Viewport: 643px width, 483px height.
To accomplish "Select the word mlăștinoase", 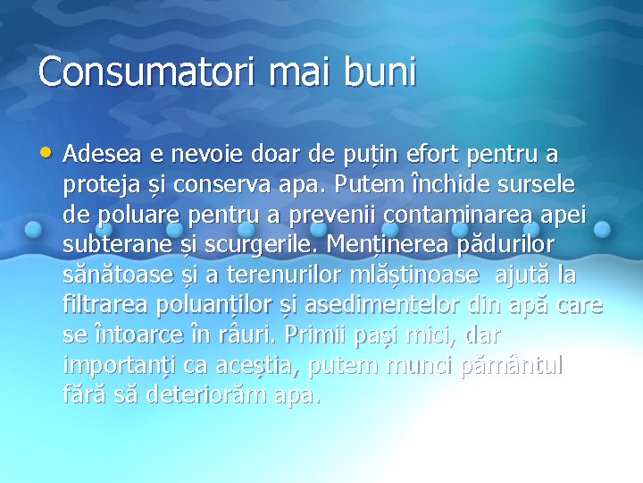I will (397, 275).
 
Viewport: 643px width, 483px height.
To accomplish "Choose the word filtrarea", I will (99, 306).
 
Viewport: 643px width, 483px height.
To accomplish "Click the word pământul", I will (512, 366).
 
